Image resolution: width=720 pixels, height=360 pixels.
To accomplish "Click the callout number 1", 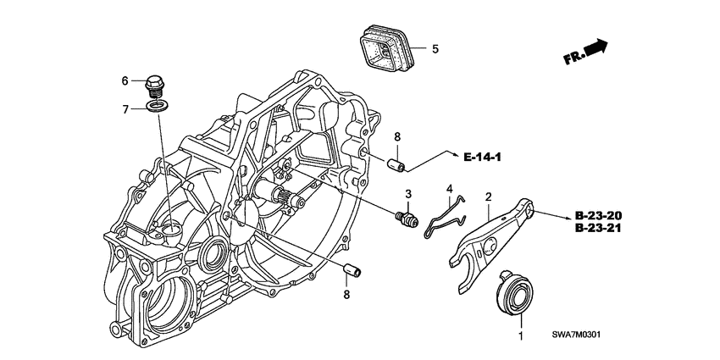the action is point(521,336).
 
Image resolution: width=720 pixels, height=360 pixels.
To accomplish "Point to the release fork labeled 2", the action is point(490,245).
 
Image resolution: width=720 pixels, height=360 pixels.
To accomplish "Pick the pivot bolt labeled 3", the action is point(407,219).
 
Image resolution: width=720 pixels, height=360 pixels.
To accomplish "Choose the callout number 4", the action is point(450,188).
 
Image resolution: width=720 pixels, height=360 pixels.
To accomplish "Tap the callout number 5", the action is point(435,48).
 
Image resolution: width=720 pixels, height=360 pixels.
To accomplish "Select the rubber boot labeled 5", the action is point(386,48).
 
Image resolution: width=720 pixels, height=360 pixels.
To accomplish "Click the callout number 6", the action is point(125,81).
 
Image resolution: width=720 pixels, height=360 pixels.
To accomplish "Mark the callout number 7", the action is point(125,110).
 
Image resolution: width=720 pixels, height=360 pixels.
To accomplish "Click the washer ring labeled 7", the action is point(158,107).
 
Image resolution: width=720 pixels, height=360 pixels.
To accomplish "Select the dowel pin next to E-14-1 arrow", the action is point(396,165).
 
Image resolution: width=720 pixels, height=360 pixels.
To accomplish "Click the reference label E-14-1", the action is point(482,158).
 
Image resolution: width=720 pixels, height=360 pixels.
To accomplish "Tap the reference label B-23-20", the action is point(598,216).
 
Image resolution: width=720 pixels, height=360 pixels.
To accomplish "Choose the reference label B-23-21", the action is point(598,228).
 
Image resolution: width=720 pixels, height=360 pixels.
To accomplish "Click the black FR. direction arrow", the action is point(597,47).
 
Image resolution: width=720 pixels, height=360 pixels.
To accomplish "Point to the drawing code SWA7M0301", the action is point(577,335).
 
